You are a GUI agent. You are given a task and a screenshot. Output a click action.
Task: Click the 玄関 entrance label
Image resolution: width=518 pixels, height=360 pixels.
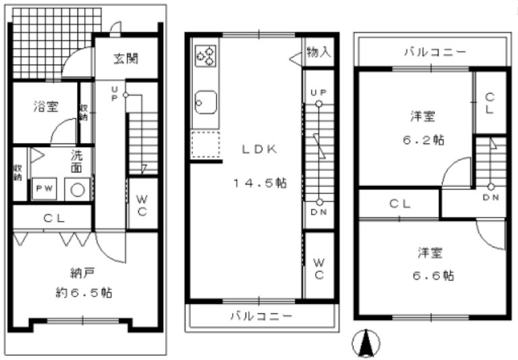click(125, 59)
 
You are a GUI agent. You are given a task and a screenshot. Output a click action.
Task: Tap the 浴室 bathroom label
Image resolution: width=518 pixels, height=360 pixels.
click(46, 106)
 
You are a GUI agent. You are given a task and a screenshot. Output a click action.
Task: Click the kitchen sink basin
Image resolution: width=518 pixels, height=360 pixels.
click(204, 103)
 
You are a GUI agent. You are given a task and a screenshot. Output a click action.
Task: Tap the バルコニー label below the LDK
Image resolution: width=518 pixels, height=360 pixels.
click(260, 315)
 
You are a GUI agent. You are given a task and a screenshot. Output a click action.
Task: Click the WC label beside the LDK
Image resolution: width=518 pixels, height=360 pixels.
click(319, 268)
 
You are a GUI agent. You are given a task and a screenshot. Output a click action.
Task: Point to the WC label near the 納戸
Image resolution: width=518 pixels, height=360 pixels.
click(142, 206)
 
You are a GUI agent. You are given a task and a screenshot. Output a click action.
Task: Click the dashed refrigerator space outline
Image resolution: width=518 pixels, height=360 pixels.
click(206, 144)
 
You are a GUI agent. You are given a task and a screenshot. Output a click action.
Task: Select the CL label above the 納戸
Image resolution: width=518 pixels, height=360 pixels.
click(54, 218)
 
